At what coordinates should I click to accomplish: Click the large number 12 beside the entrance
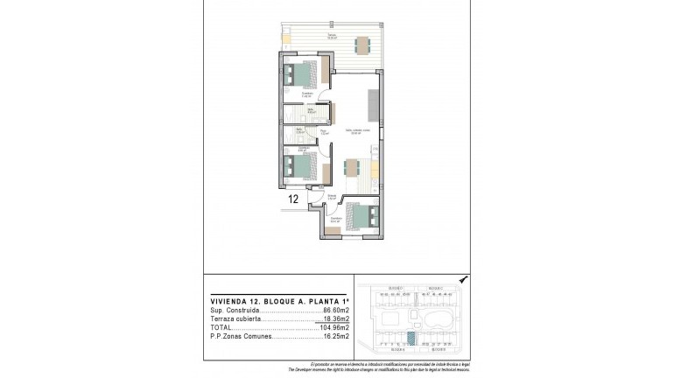pyautogui.click(x=294, y=199)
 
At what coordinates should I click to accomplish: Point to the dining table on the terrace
pyautogui.click(x=361, y=45)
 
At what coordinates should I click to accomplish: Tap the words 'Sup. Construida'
pyautogui.click(x=231, y=311)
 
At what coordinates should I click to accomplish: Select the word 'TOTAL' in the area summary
pyautogui.click(x=221, y=328)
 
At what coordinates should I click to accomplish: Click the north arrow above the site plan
pyautogui.click(x=464, y=280)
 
